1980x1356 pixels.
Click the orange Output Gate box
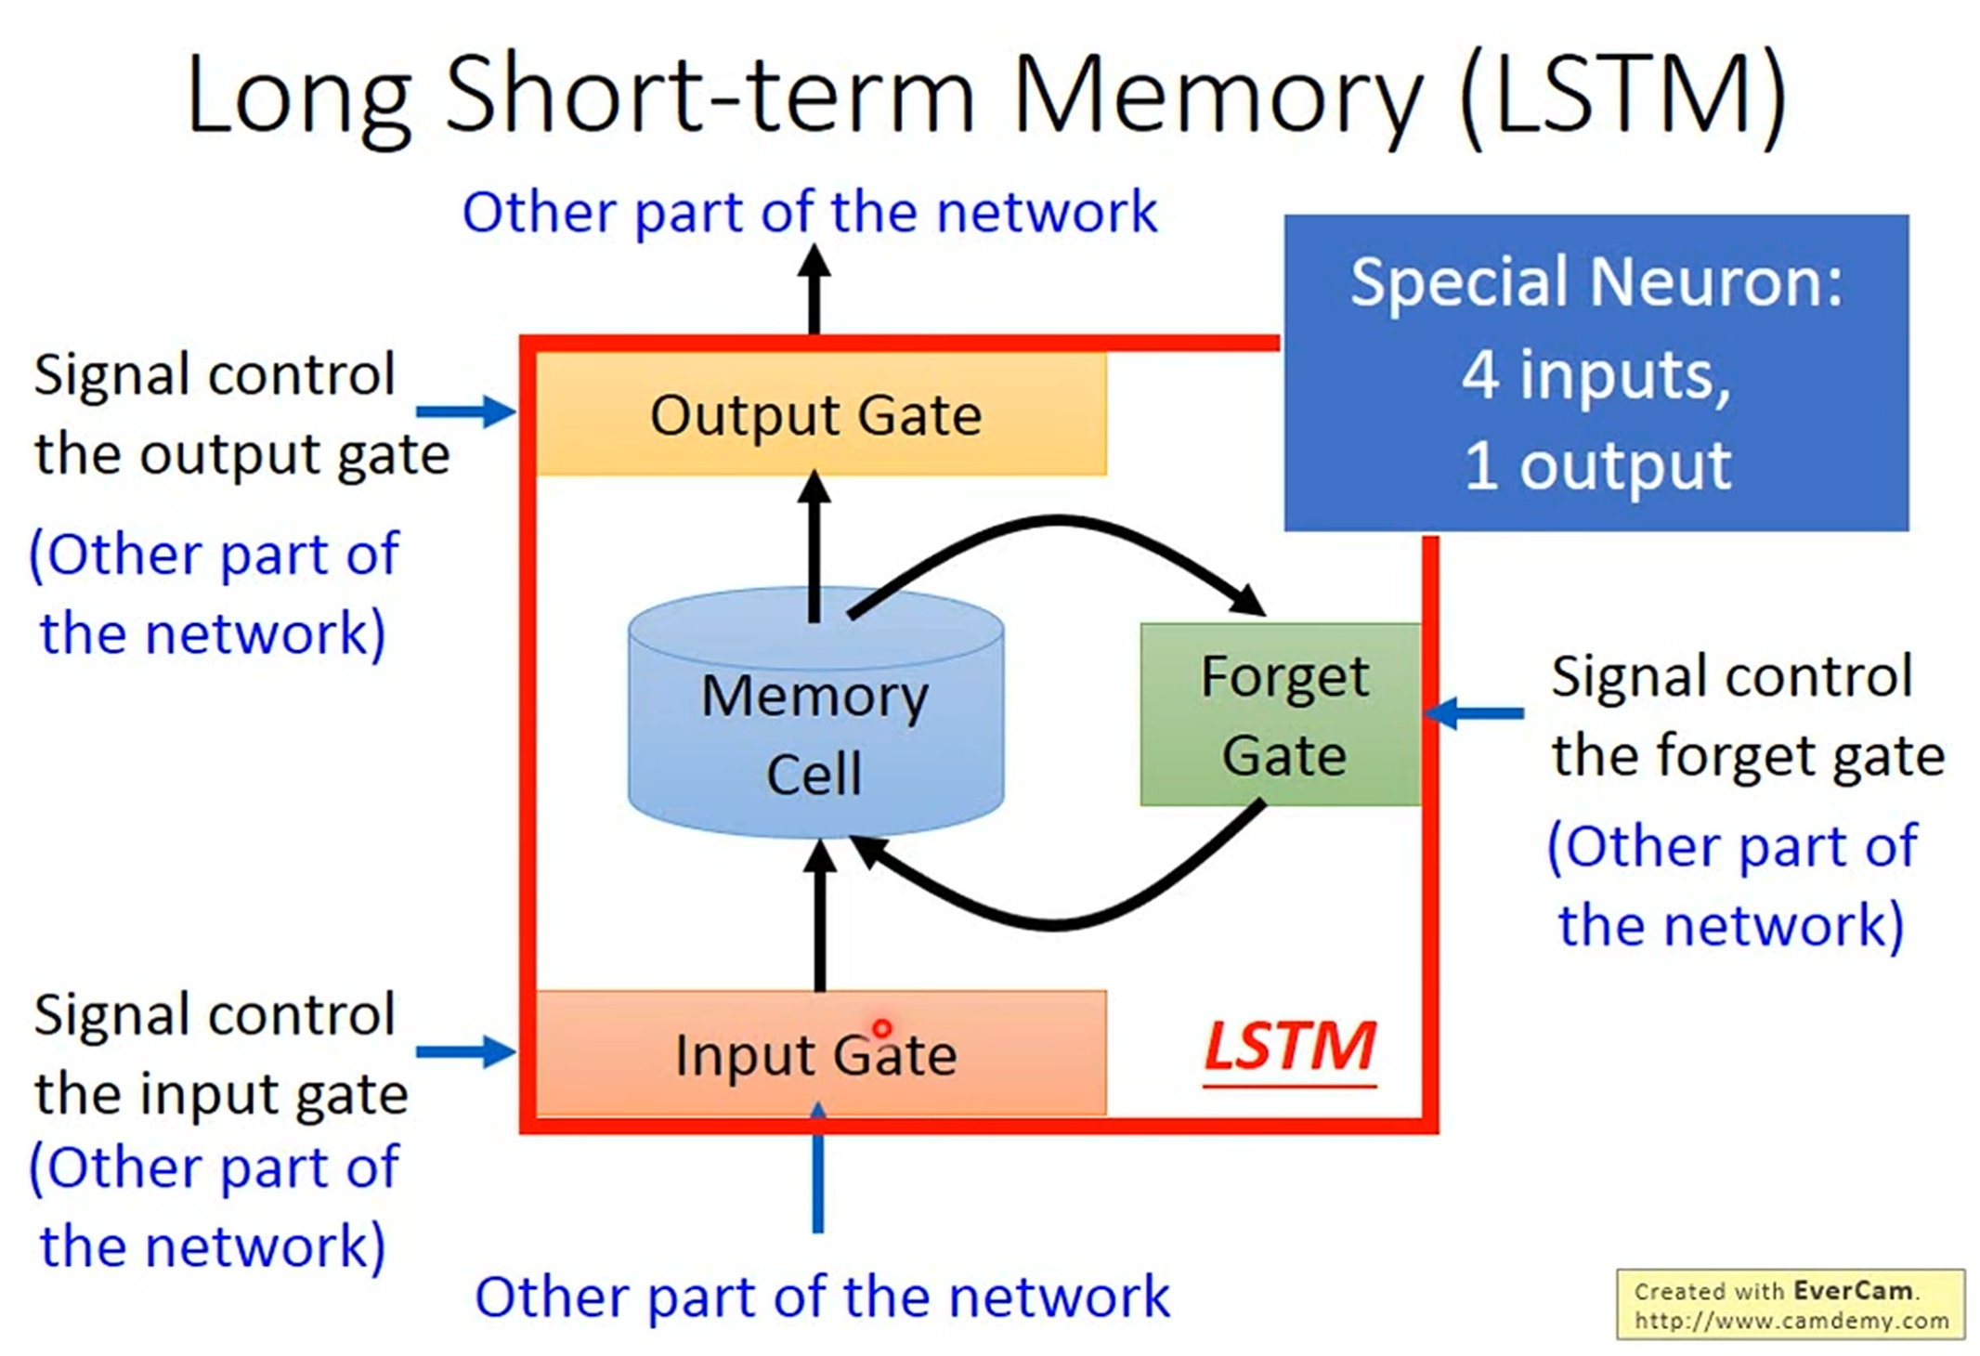821,414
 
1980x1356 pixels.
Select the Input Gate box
821,1052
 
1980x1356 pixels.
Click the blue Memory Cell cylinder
815,713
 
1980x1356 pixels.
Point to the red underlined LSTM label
1289,1050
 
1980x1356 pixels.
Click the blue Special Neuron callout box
1596,372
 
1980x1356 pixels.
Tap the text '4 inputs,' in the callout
1596,374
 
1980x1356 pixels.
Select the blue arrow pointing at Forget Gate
1473,713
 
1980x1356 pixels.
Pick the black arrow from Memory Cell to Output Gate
814,546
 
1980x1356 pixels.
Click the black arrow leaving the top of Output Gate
814,289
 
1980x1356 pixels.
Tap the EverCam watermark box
1791,1304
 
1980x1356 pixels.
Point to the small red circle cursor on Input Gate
881,1028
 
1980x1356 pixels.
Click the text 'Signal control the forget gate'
1746,715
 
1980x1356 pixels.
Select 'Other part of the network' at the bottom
822,1296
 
